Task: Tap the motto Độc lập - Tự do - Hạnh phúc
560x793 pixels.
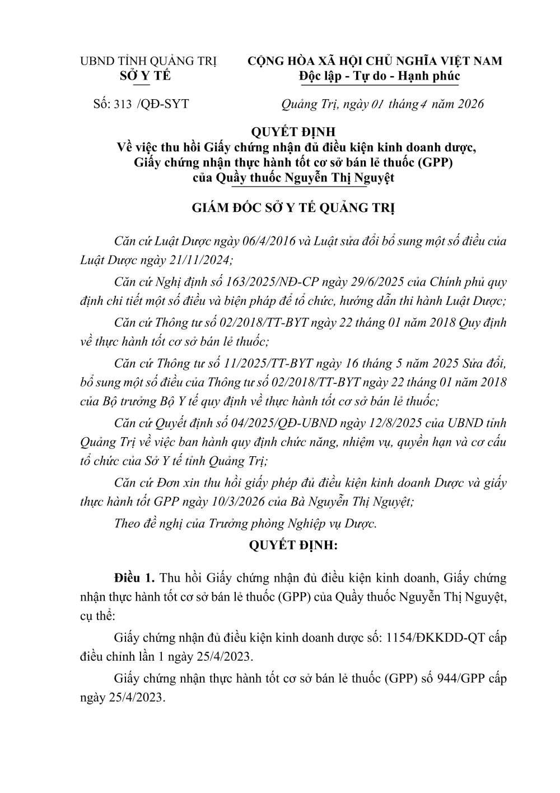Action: (379, 76)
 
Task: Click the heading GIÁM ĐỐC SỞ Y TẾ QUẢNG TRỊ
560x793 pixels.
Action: (293, 208)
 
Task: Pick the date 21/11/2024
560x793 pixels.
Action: (195, 260)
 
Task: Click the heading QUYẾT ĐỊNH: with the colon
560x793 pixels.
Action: (294, 544)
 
